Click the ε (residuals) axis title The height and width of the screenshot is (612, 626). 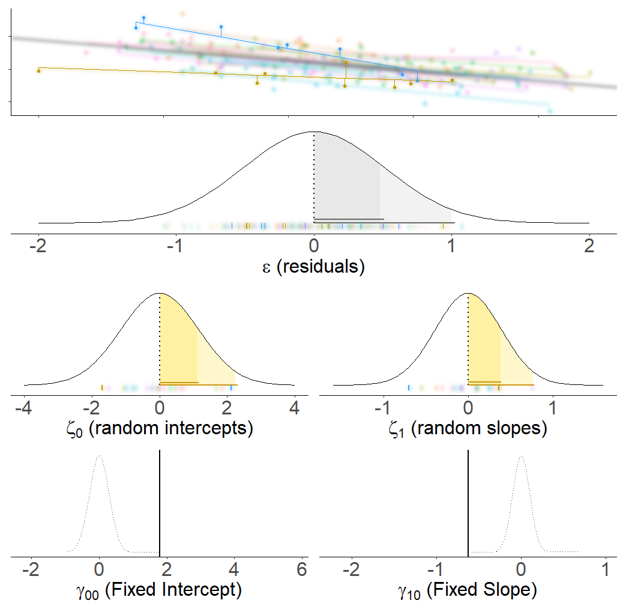(313, 266)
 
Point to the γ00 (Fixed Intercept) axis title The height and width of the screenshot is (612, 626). (159, 590)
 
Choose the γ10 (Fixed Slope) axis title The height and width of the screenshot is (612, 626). (468, 590)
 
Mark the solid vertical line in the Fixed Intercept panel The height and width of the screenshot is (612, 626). (159, 504)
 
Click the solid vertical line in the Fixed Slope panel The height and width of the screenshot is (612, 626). (468, 504)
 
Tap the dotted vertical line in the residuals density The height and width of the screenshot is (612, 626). (314, 180)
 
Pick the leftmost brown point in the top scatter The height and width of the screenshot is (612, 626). (39, 71)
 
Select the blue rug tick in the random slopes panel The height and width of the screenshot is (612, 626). (409, 388)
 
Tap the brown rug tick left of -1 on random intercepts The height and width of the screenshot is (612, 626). (102, 388)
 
